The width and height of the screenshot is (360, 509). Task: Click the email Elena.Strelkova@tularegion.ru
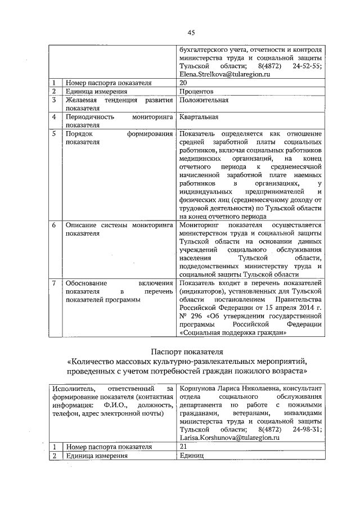tap(225, 74)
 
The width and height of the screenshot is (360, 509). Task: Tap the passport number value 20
tap(183, 83)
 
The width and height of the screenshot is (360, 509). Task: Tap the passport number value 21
tap(183, 447)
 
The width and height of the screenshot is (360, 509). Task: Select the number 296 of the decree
tap(196, 316)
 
